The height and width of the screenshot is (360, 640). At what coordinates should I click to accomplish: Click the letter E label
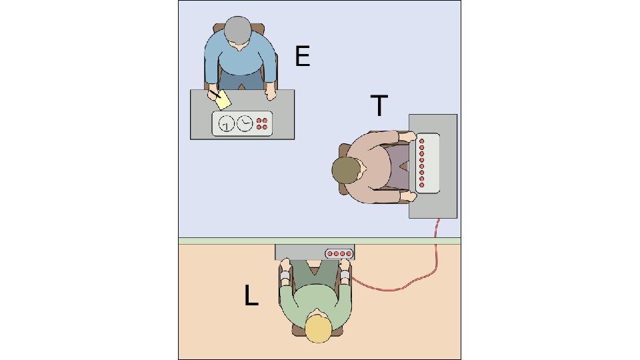[x=303, y=58]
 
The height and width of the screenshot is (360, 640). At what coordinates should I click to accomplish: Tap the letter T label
[x=379, y=106]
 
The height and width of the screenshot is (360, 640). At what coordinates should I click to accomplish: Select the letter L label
[x=251, y=297]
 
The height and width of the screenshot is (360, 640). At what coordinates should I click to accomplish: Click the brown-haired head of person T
[x=346, y=171]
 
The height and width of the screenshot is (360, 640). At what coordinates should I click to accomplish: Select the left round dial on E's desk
[x=227, y=123]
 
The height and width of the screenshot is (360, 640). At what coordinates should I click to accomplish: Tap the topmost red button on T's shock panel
[x=422, y=141]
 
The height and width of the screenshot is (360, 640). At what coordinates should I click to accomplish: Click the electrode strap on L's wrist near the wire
[x=345, y=276]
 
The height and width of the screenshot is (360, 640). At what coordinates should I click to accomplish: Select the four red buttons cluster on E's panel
[x=263, y=123]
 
